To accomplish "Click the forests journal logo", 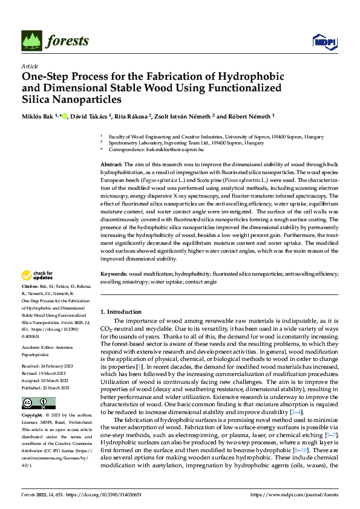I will point(54,40).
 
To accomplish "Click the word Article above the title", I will point(30,66).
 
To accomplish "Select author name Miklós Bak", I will point(38,117).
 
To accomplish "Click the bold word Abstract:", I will point(111,164).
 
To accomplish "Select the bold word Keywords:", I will point(113,274).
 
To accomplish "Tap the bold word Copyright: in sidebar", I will point(33,417).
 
